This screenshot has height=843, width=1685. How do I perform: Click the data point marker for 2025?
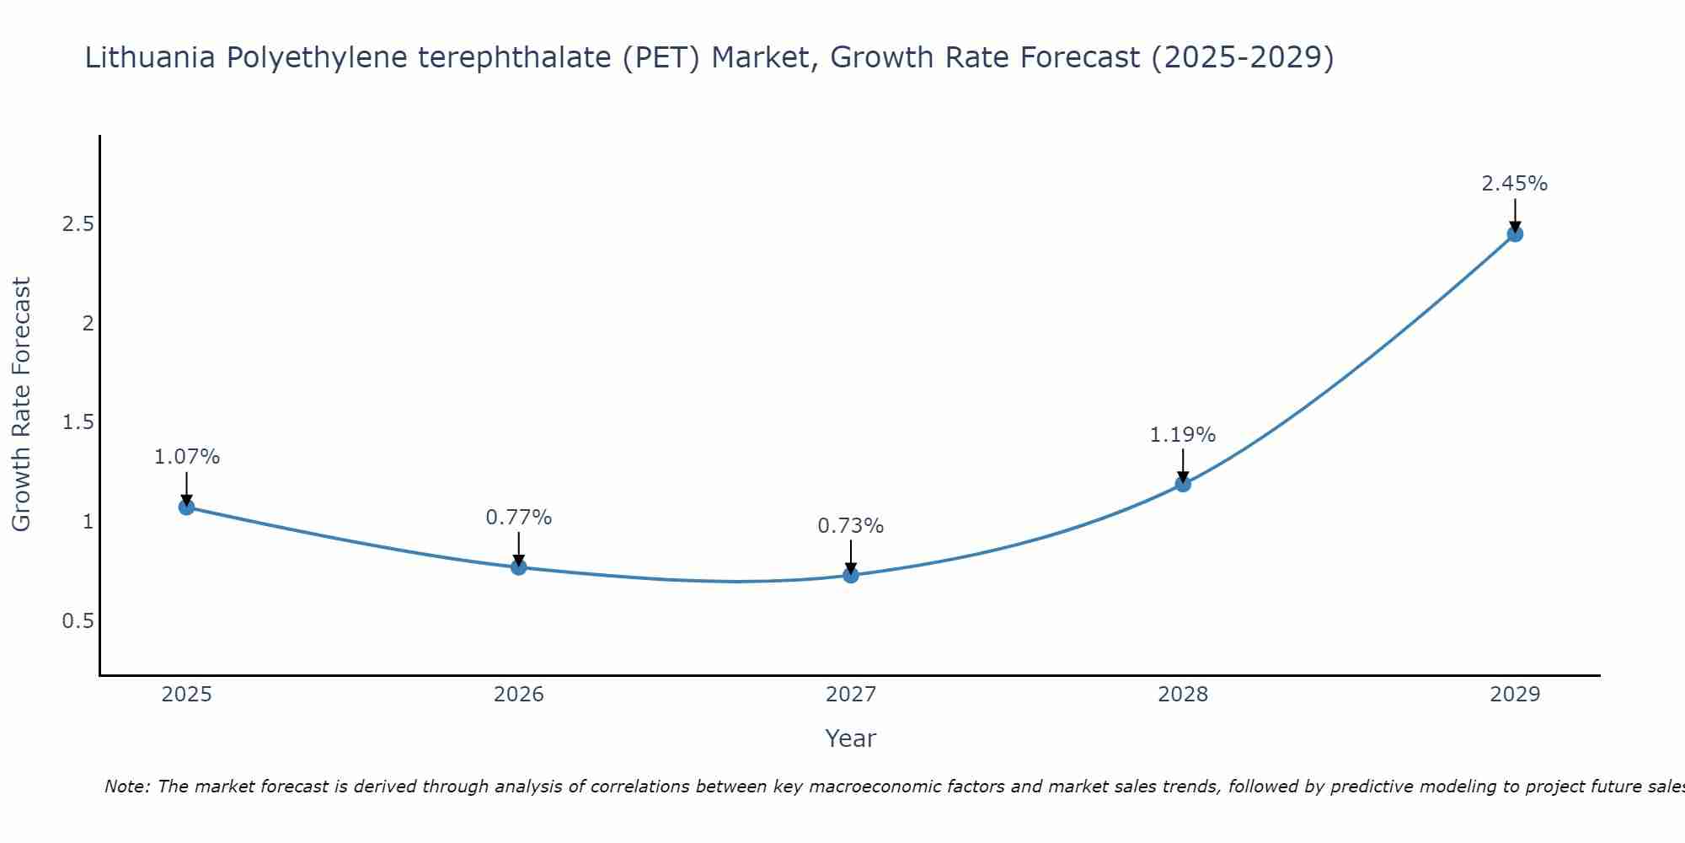187,507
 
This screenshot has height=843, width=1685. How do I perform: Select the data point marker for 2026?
519,567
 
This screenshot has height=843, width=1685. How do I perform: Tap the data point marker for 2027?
851,575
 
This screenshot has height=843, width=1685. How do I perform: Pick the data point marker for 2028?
1183,484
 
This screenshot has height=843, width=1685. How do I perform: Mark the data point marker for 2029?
1515,234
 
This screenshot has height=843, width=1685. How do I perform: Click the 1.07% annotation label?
187,457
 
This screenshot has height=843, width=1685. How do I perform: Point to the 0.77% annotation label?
519,518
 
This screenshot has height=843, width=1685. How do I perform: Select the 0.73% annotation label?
851,526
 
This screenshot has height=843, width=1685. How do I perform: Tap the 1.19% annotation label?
1183,435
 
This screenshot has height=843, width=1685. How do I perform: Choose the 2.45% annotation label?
1515,184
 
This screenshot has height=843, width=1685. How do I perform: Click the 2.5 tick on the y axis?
78,224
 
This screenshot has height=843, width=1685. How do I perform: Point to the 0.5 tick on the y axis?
78,621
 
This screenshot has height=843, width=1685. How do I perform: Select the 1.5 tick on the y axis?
78,422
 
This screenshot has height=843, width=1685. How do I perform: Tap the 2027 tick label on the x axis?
851,695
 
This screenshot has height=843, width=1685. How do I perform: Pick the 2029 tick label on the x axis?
1515,695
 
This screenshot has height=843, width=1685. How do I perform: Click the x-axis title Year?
851,738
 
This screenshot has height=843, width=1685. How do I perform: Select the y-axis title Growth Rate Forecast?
21,405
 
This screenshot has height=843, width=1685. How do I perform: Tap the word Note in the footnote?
126,787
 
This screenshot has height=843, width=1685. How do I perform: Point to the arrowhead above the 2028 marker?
1183,476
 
